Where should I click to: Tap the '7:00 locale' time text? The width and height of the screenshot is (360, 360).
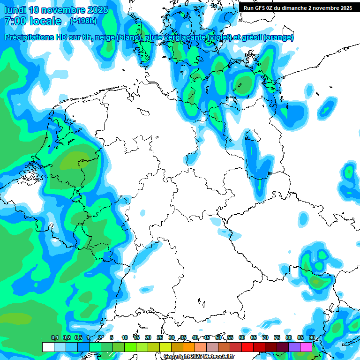pos(32,21)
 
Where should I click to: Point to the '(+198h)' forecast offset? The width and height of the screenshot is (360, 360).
pos(84,21)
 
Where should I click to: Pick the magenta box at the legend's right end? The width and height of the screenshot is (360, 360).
pos(306,347)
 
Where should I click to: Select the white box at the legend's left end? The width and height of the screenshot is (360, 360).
pos(48,347)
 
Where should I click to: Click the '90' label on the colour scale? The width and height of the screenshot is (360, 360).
pos(312,337)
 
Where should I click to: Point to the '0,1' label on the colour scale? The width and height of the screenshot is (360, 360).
pos(54,337)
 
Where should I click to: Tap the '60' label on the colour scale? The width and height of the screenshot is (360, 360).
pos(242,337)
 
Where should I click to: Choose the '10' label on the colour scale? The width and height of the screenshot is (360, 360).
pos(125,337)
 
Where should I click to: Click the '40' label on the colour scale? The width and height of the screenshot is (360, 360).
pos(195,337)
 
